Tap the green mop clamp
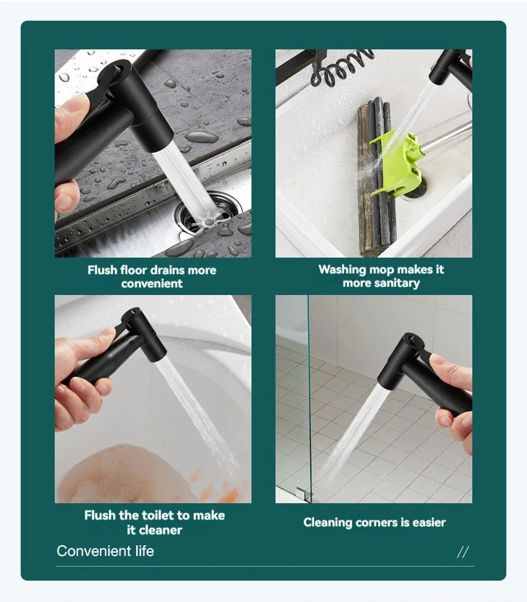[x=398, y=161]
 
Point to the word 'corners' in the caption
[x=373, y=523]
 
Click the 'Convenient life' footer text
[x=105, y=551]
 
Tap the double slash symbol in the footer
[x=463, y=552]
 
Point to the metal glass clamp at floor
[x=304, y=493]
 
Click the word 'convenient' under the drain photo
[x=152, y=284]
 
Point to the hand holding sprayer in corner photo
[x=453, y=394]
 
